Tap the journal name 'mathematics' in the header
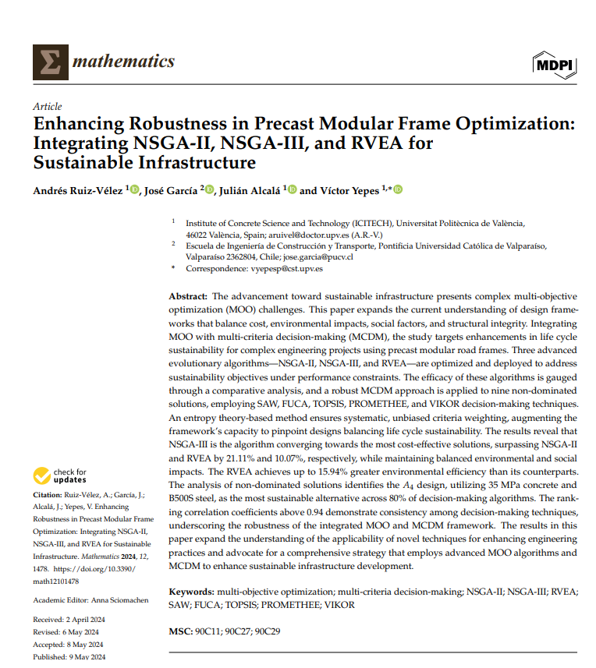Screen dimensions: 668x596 (123, 62)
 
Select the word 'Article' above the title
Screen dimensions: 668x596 (48, 106)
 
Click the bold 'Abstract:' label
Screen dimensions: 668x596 (188, 297)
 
